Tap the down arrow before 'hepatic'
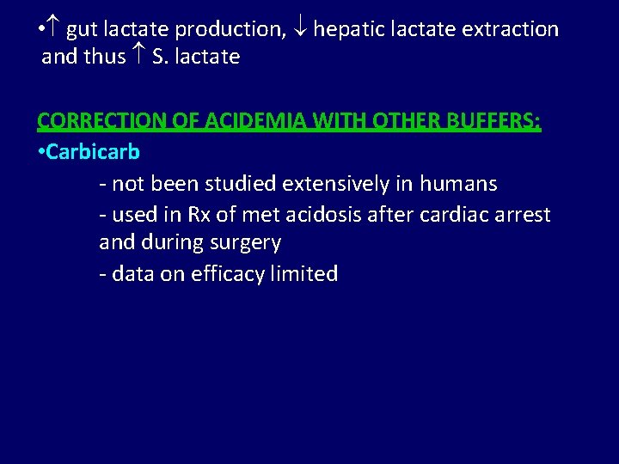[300, 29]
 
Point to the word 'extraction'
[511, 29]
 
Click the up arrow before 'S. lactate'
[138, 58]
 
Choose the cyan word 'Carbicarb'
[93, 152]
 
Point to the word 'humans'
[458, 184]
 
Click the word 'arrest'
[523, 214]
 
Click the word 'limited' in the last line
[306, 274]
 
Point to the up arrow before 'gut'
[54, 29]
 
